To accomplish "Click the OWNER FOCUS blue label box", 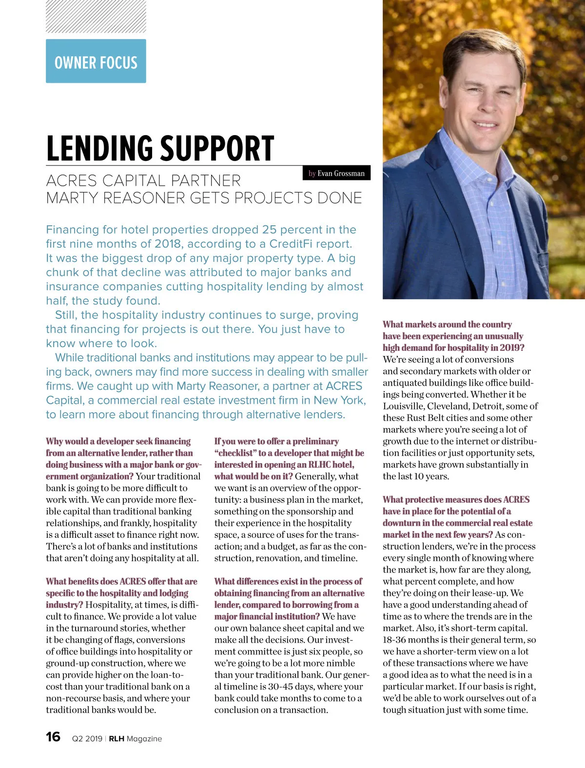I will pyautogui.click(x=96, y=61).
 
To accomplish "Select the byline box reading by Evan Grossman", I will pyautogui.click(x=336, y=173).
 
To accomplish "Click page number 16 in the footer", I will pyautogui.click(x=53, y=736).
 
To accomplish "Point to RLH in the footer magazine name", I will pyautogui.click(x=117, y=739).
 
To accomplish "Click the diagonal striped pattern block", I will pyautogui.click(x=96, y=17).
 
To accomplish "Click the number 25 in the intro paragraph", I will pyautogui.click(x=269, y=230).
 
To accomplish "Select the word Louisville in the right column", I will pyautogui.click(x=403, y=406).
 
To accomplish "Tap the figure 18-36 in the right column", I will pyautogui.click(x=396, y=640).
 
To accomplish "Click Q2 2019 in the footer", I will pyautogui.click(x=87, y=739).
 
